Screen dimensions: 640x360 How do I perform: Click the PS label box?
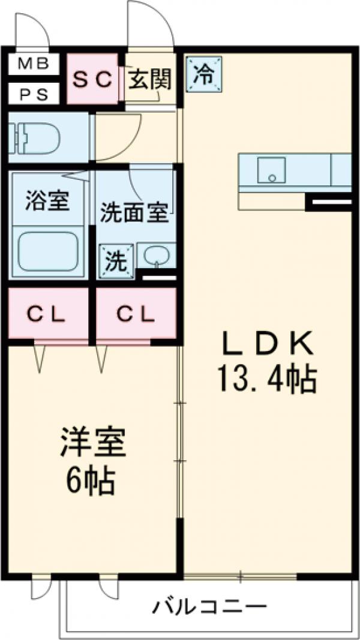(34, 94)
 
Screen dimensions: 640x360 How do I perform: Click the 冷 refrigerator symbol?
(204, 74)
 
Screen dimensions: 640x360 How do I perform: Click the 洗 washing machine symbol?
(116, 262)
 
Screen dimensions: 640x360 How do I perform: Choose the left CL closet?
(48, 313)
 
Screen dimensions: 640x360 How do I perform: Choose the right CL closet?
(136, 313)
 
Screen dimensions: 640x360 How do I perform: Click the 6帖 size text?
(91, 480)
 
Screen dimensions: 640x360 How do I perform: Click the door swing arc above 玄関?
(150, 24)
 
